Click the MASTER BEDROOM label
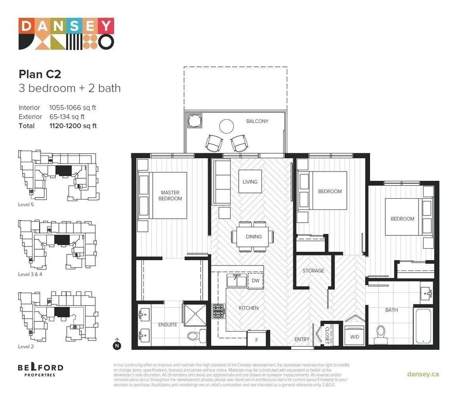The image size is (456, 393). click(170, 196)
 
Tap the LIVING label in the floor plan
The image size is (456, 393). click(250, 182)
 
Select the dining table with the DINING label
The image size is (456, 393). click(253, 236)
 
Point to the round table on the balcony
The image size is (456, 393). click(227, 126)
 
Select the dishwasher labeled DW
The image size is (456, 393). click(256, 281)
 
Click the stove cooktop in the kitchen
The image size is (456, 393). click(219, 311)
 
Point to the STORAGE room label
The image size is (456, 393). click(313, 271)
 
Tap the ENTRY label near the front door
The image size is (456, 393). click(301, 340)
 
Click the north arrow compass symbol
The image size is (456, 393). click(117, 344)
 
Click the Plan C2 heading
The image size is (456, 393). click(40, 74)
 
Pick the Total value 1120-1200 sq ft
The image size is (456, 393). click(73, 126)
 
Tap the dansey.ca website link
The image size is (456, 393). click(423, 374)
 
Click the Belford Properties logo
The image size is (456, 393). click(41, 370)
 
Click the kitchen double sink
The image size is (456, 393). click(236, 281)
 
